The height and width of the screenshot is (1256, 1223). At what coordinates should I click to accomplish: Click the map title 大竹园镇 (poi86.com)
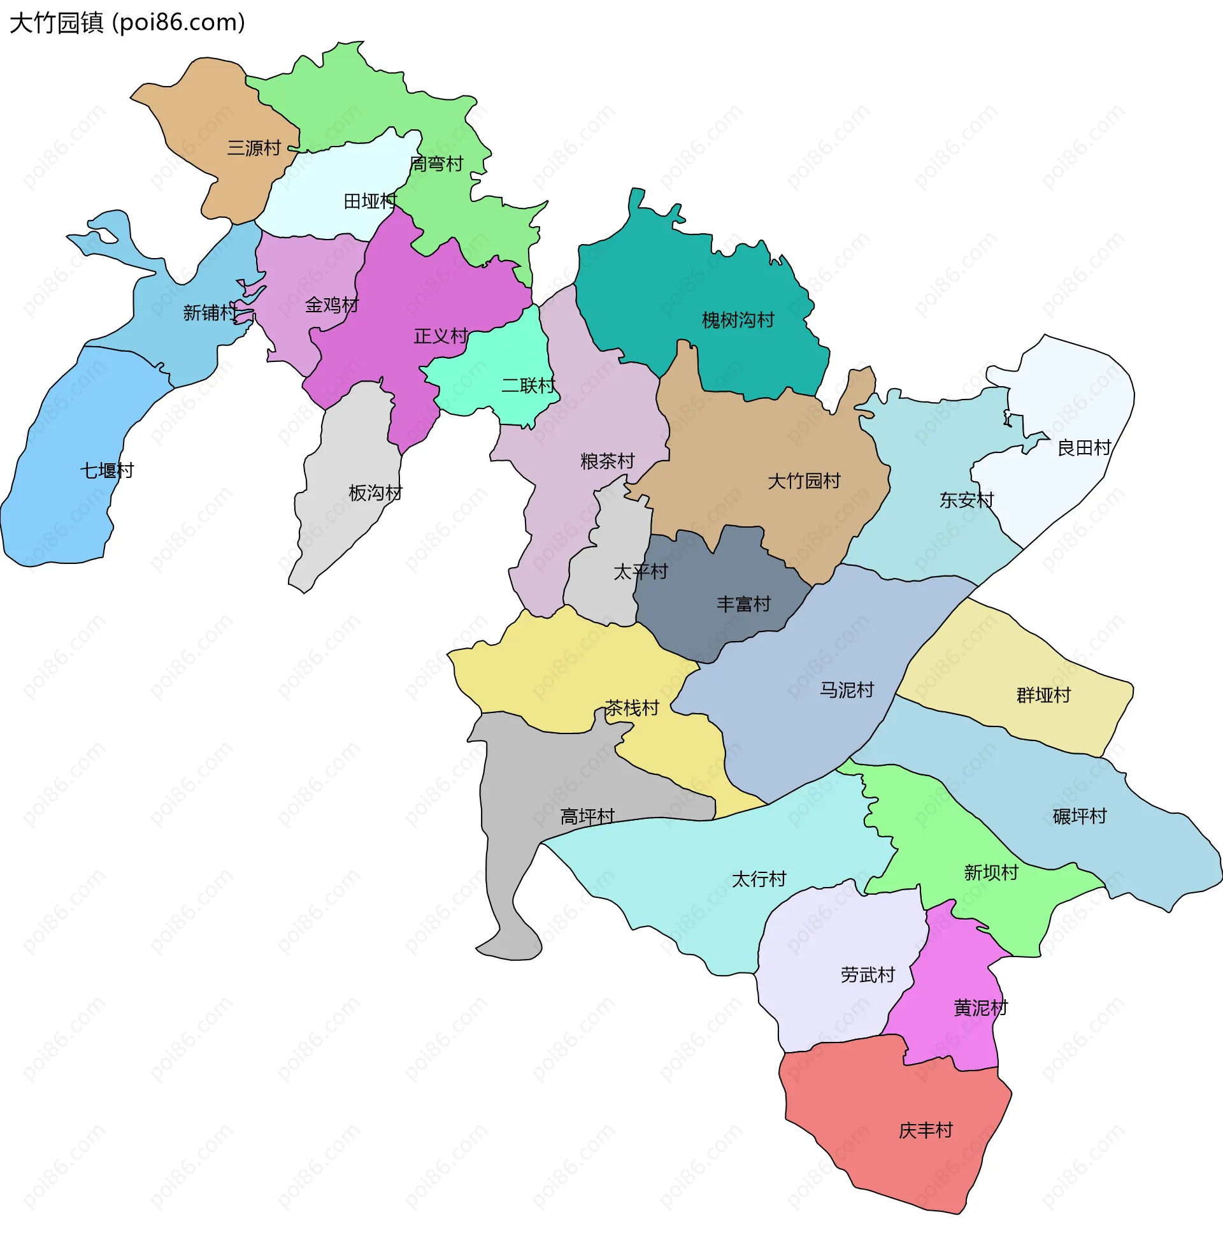(127, 23)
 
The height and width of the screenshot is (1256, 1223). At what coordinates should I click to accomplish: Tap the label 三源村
(254, 148)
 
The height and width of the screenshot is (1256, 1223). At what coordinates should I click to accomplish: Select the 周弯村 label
(436, 164)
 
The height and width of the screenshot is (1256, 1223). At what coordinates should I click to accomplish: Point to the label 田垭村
(370, 202)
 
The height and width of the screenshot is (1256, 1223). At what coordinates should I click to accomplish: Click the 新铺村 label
(210, 313)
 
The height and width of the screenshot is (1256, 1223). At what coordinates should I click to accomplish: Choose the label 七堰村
(106, 471)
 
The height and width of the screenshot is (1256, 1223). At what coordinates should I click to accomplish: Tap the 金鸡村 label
(331, 305)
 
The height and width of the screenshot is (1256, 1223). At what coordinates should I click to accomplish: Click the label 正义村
(441, 336)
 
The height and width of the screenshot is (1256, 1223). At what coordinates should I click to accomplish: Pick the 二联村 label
(528, 386)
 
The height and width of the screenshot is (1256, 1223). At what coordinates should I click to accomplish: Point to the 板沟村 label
(375, 493)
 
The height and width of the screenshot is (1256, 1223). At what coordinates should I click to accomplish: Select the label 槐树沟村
(738, 320)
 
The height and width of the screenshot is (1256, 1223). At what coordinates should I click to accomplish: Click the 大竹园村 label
(804, 481)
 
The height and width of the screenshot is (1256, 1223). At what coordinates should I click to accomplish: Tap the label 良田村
(1084, 448)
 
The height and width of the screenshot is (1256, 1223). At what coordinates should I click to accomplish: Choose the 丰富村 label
(743, 605)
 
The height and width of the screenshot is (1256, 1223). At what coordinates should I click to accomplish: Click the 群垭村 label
(1043, 696)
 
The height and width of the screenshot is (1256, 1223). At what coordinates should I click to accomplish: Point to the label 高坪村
(587, 817)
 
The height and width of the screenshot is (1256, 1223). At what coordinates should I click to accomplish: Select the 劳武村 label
(867, 975)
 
